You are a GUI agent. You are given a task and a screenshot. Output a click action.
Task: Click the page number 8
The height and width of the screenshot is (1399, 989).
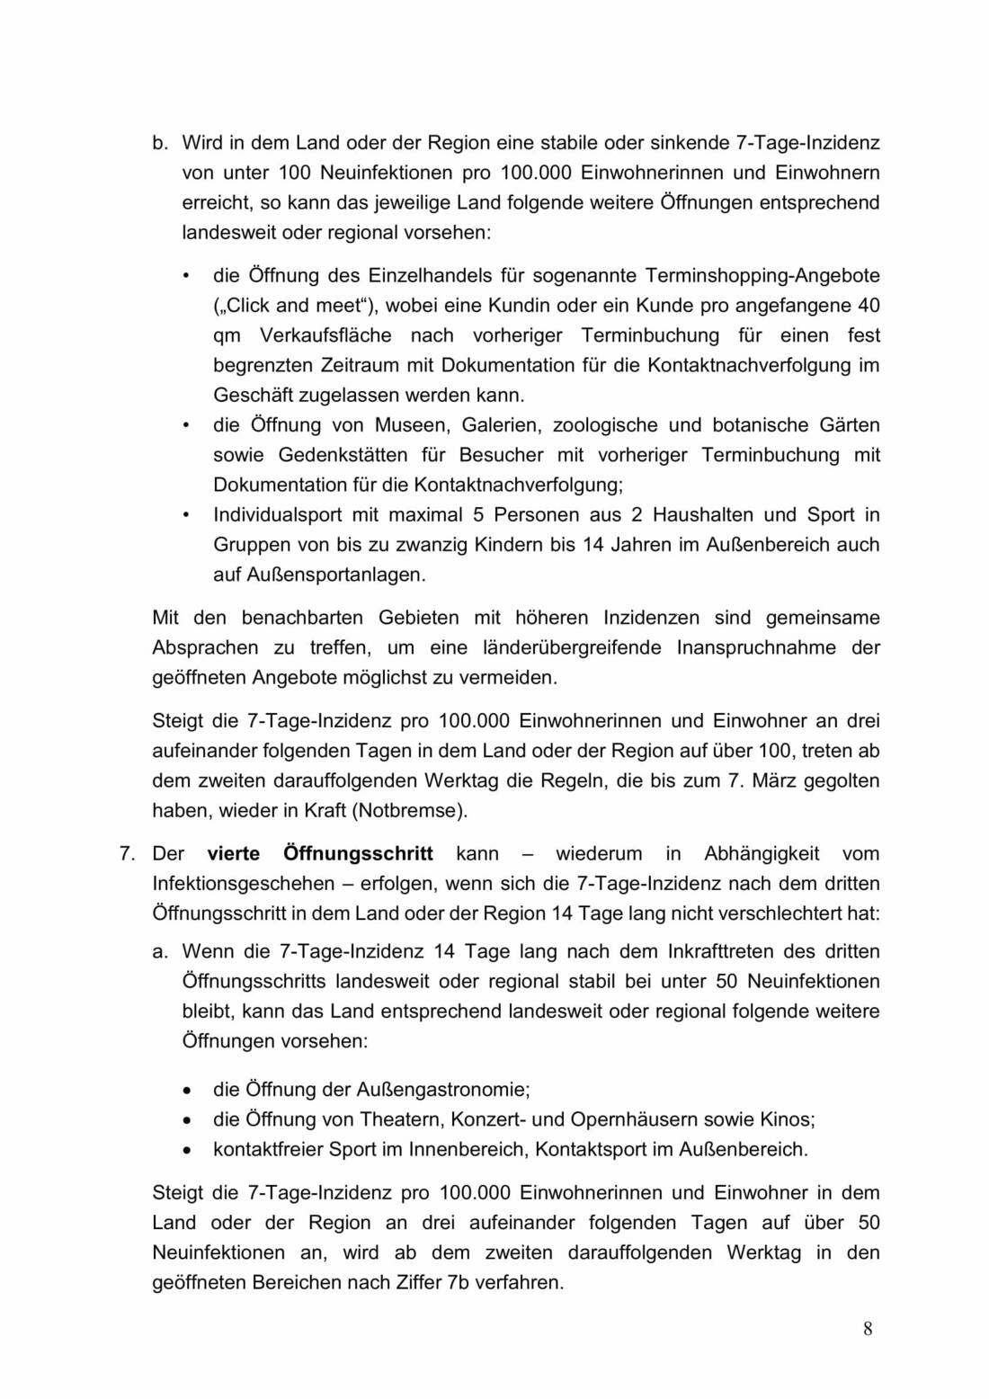[x=868, y=1329]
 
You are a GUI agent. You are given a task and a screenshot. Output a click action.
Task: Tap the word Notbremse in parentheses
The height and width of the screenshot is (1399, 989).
[x=409, y=811]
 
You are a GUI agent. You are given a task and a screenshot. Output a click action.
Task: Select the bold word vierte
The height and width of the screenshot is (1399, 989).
[x=234, y=853]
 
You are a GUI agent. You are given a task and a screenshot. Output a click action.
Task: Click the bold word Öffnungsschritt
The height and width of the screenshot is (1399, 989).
[x=358, y=853]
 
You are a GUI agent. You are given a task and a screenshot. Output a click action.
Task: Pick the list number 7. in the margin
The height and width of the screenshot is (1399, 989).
[x=129, y=853]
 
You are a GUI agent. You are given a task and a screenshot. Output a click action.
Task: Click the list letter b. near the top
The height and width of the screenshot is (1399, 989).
[x=161, y=143]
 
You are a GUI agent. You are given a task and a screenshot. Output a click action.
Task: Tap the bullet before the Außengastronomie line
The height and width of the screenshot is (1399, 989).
[x=186, y=1090]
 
